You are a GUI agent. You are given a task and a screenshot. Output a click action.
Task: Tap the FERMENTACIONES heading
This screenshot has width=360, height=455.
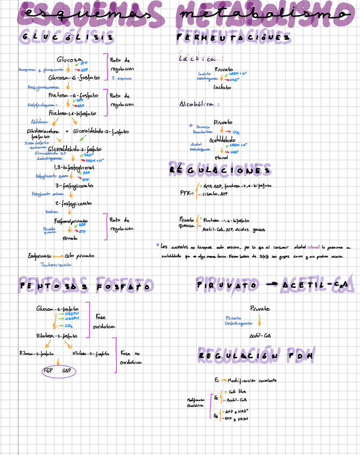[x=233, y=38]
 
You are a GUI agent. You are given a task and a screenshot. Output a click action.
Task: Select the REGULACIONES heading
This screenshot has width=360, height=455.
[x=219, y=170]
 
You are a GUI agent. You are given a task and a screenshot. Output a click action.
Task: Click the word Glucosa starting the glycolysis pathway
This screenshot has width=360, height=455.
[x=69, y=60]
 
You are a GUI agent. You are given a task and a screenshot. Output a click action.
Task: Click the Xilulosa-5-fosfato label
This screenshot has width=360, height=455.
[x=90, y=354]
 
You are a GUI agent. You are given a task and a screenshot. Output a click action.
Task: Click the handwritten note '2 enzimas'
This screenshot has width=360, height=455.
[x=121, y=78]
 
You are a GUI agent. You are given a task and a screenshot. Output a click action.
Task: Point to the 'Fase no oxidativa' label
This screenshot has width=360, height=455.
[x=131, y=358]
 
